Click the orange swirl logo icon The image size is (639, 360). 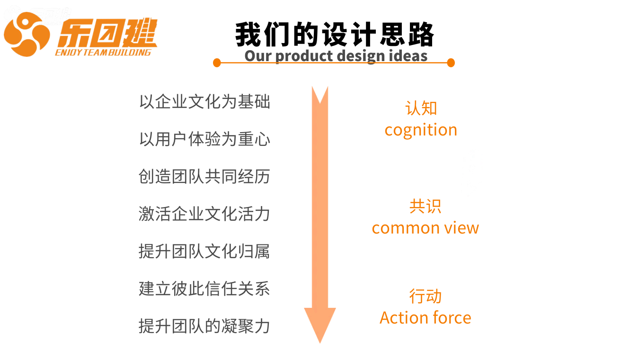(27, 34)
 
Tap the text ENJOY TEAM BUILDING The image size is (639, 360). (103, 53)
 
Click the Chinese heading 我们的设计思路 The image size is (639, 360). (334, 35)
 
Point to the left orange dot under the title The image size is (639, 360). (217, 63)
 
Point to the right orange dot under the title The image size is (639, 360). (451, 63)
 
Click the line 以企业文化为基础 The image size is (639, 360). (204, 102)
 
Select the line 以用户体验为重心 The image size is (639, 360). (204, 139)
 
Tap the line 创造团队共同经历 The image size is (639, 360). (204, 176)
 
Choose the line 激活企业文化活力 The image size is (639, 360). (204, 214)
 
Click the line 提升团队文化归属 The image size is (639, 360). (204, 251)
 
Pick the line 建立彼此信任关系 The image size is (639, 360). (204, 288)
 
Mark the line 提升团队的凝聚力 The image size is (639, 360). (204, 326)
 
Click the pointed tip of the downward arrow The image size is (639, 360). (320, 343)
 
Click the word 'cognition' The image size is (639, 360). (421, 131)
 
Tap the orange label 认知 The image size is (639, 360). (421, 108)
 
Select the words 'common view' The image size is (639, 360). (426, 228)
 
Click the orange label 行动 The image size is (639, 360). (426, 296)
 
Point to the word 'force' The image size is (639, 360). (452, 318)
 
